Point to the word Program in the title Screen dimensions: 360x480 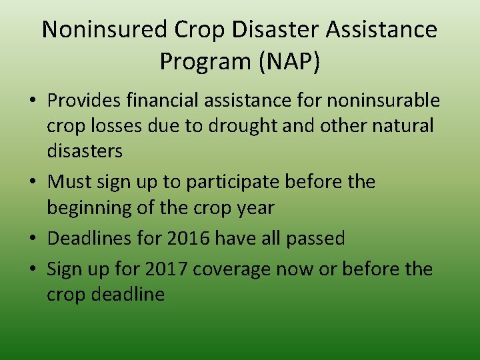click(198, 62)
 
